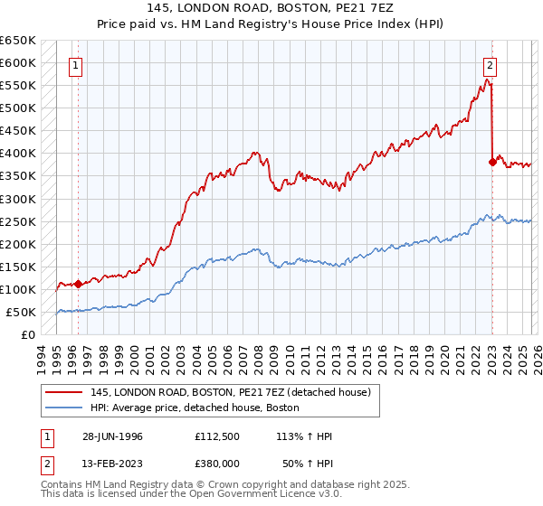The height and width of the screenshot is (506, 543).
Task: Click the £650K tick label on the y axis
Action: click(17, 41)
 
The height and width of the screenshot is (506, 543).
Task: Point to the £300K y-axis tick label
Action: click(17, 199)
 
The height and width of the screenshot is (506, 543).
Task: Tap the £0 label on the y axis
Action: click(28, 334)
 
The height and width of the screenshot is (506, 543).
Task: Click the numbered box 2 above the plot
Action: click(490, 65)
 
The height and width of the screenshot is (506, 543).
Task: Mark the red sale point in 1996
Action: click(78, 284)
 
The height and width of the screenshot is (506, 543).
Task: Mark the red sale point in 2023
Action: click(492, 163)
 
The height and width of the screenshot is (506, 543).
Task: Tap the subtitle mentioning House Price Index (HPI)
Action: click(271, 25)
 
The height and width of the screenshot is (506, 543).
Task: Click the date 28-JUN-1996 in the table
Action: click(113, 436)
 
